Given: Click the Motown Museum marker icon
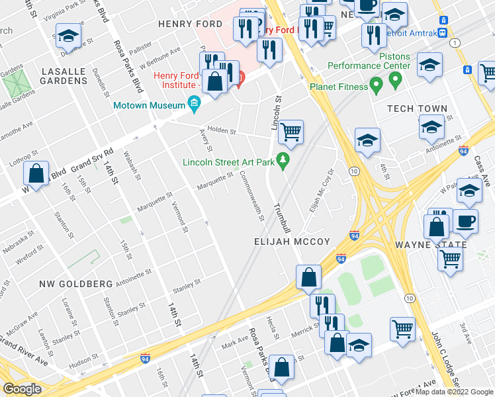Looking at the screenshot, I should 194,103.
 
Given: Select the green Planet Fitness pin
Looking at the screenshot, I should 377,86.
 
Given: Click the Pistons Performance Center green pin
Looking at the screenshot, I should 396,81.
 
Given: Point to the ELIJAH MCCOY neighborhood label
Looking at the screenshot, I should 292,242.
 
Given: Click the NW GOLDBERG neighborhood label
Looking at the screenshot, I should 76,284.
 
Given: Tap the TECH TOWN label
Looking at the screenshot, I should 418,109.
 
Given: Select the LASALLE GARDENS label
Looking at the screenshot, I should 64,75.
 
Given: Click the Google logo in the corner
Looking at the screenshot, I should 22,389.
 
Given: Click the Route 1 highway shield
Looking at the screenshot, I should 455,42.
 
